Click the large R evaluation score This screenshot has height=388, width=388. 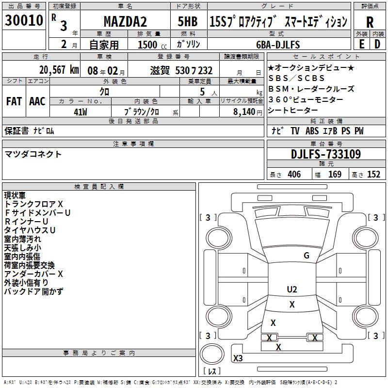point(370,22)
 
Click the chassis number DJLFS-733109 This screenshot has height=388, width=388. point(326,155)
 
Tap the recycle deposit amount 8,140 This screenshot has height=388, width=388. point(244,112)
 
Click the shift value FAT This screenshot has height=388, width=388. point(14,101)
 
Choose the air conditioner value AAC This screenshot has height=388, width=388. point(37,101)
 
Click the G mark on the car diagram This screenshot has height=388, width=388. point(306,256)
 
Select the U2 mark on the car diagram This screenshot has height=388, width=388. point(292,289)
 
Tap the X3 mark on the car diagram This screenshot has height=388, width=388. point(238,358)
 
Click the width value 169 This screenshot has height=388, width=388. point(335,175)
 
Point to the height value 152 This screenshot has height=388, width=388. point(373,175)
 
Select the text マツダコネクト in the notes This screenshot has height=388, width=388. point(33,154)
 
